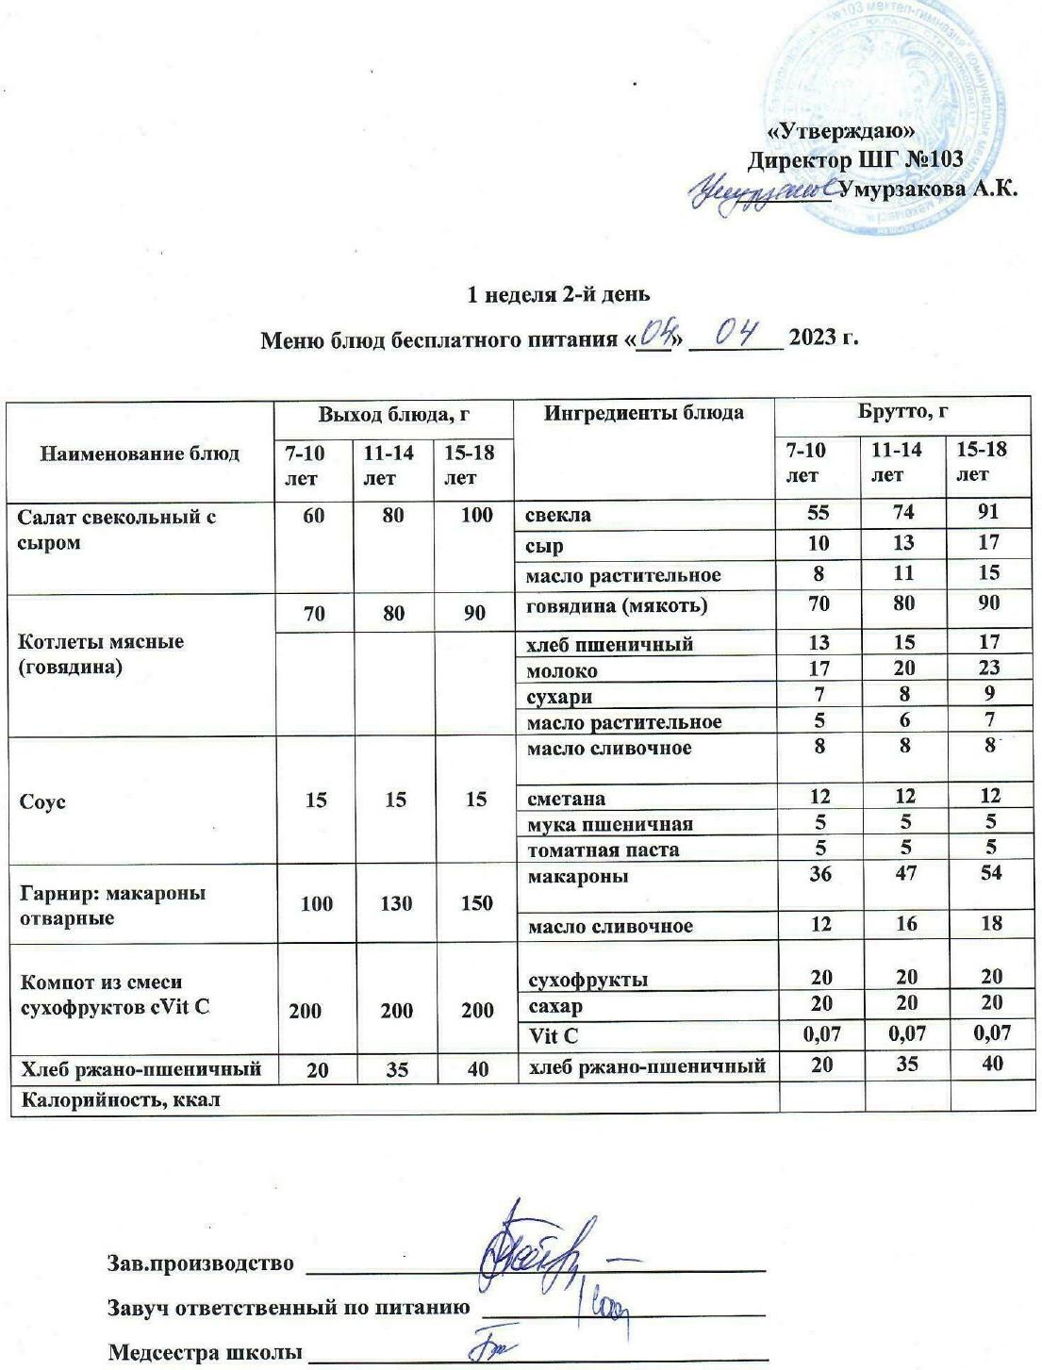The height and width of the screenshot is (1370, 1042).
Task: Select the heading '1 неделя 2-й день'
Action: click(559, 294)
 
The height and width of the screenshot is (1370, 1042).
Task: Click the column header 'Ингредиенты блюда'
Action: click(643, 413)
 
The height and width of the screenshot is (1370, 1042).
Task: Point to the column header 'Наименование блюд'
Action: click(140, 454)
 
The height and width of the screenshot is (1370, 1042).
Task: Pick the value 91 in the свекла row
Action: click(989, 513)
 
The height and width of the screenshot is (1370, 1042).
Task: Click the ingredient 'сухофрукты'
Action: click(587, 979)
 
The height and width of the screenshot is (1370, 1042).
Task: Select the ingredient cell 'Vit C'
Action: click(553, 1035)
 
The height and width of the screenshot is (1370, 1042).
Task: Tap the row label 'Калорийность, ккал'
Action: click(123, 1098)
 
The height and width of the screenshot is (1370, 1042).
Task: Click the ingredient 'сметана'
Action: click(567, 799)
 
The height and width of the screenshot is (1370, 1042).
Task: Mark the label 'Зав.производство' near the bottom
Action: click(202, 1263)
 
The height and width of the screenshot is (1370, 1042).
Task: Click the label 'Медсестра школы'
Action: click(206, 1352)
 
